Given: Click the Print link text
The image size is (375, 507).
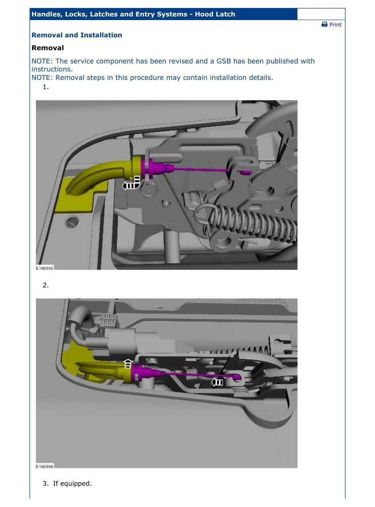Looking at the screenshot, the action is [335, 24].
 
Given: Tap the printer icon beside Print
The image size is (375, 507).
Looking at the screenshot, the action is [324, 24].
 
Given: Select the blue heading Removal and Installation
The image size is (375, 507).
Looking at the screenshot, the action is [77, 35].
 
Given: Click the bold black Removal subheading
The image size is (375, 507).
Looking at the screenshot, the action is [47, 48].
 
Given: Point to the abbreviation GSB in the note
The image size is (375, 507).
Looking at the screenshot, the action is [223, 61].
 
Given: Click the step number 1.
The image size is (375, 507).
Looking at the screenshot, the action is [45, 87].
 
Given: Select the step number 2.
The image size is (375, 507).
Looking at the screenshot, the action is [45, 285].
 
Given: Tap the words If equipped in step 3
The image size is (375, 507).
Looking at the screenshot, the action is [72, 483].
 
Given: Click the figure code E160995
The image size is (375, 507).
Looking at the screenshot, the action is [45, 268].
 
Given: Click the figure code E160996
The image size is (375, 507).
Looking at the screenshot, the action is [45, 466].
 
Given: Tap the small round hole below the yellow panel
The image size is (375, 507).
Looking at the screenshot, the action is [73, 222].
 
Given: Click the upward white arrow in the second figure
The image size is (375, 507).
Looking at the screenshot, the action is [128, 363].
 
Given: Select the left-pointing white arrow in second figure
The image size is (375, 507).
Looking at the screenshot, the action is [217, 382].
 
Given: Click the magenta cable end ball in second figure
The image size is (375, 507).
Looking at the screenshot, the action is [238, 377].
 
